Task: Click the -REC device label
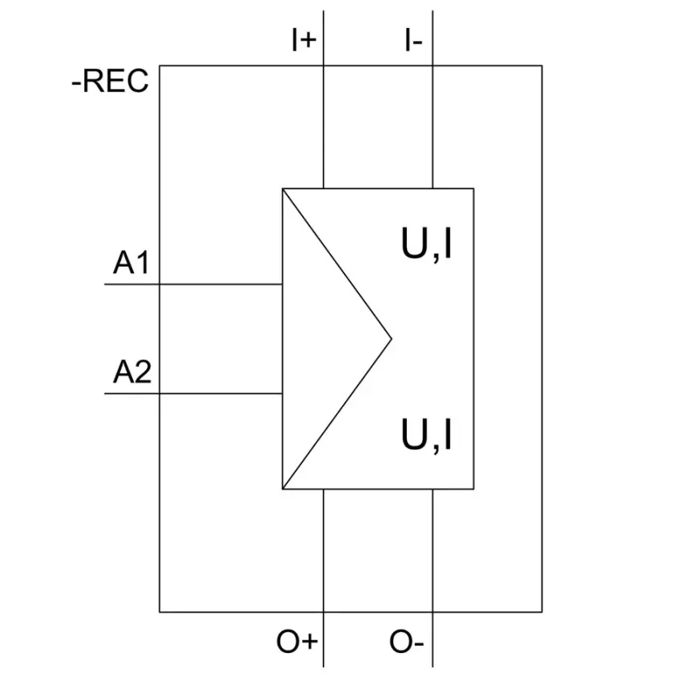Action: pos(110,81)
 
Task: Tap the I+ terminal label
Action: pos(304,40)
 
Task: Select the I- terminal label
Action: pos(413,40)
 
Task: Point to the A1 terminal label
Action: pos(131,263)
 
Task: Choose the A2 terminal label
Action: pos(132,373)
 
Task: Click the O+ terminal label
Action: pos(297,642)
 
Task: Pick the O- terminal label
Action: pos(406,642)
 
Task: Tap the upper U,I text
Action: pos(426,244)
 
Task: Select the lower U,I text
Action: pos(426,436)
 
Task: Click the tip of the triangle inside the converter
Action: pos(391,339)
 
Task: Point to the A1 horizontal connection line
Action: pos(194,284)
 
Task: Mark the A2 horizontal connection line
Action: pos(194,393)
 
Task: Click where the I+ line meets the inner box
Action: pos(324,188)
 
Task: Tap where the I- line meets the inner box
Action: pos(433,188)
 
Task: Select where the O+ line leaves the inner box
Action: pos(324,489)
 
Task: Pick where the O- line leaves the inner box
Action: pos(433,489)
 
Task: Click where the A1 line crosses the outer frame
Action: pos(159,284)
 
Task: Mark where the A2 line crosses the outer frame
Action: pos(159,393)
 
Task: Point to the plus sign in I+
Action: pos(308,41)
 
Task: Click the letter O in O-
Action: pos(400,642)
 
